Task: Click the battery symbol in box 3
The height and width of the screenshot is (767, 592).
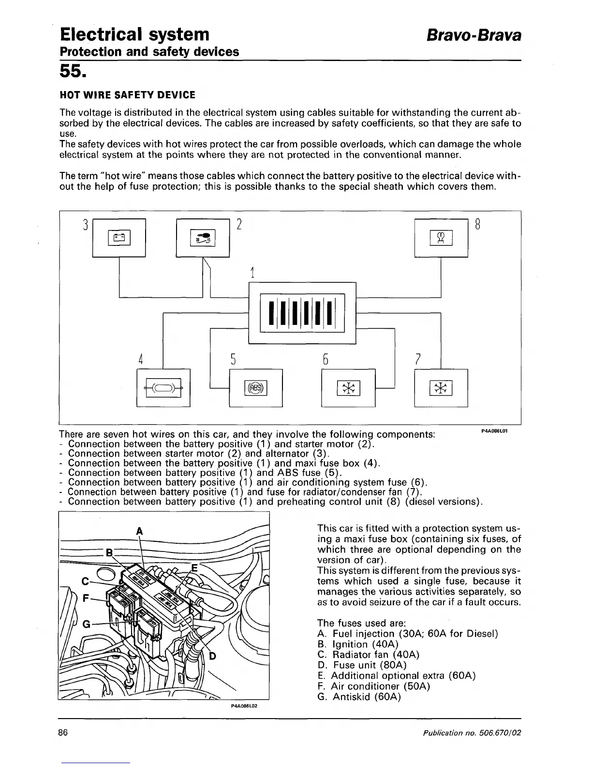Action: coord(118,237)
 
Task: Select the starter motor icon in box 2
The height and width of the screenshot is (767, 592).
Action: coord(203,237)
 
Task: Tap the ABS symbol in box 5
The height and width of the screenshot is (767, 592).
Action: coord(255,387)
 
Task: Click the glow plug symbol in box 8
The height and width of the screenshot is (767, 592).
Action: coord(441,238)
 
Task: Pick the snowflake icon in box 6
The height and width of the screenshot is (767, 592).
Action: coord(348,387)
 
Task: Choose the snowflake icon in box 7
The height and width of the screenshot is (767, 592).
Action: coord(441,387)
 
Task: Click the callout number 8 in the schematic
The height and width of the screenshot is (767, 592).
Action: coord(477,225)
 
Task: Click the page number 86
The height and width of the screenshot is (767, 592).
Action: coord(63,732)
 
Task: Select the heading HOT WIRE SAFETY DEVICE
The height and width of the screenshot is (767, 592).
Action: coord(127,95)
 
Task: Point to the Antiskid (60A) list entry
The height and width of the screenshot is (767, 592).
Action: coord(359,697)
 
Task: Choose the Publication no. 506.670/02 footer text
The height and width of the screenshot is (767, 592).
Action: coord(472,733)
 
